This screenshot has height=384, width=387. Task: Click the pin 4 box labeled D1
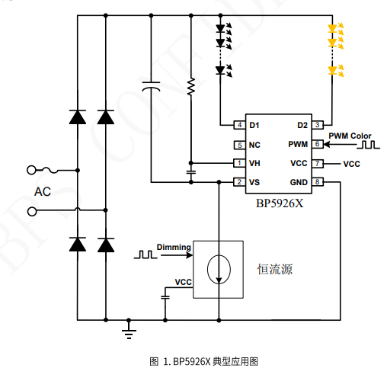tap(239, 125)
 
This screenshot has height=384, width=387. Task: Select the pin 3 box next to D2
tap(318, 125)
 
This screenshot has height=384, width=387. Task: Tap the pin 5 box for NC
tap(239, 145)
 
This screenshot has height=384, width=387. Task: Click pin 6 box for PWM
tap(318, 144)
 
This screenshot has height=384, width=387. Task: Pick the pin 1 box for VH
tap(239, 163)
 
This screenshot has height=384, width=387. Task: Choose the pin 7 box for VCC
tap(318, 163)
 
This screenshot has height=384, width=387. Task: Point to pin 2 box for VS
tap(239, 182)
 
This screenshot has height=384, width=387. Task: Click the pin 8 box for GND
tap(318, 182)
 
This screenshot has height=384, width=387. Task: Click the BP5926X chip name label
tap(279, 203)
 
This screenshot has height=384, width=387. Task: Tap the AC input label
tap(43, 191)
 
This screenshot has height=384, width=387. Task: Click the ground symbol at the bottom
tap(129, 329)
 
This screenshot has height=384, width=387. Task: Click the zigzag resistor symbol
tap(190, 87)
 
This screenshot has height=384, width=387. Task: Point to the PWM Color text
tap(350, 136)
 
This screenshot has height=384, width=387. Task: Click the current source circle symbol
tap(219, 270)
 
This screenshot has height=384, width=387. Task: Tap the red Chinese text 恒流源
tap(275, 270)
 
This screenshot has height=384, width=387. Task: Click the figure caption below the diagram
tap(193, 360)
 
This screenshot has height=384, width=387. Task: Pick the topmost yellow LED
tap(333, 30)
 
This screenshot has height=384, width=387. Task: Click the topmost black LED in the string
tap(222, 30)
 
